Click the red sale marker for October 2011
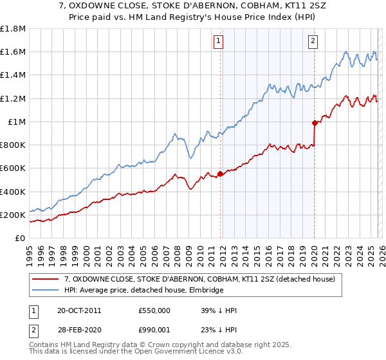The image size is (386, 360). (220, 174)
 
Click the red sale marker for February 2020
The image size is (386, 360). (315, 122)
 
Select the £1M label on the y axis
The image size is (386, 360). (17, 122)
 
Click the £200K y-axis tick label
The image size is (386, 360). (13, 215)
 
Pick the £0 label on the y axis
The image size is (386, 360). (21, 238)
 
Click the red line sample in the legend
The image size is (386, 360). (45, 280)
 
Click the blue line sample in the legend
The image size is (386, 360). (45, 291)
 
